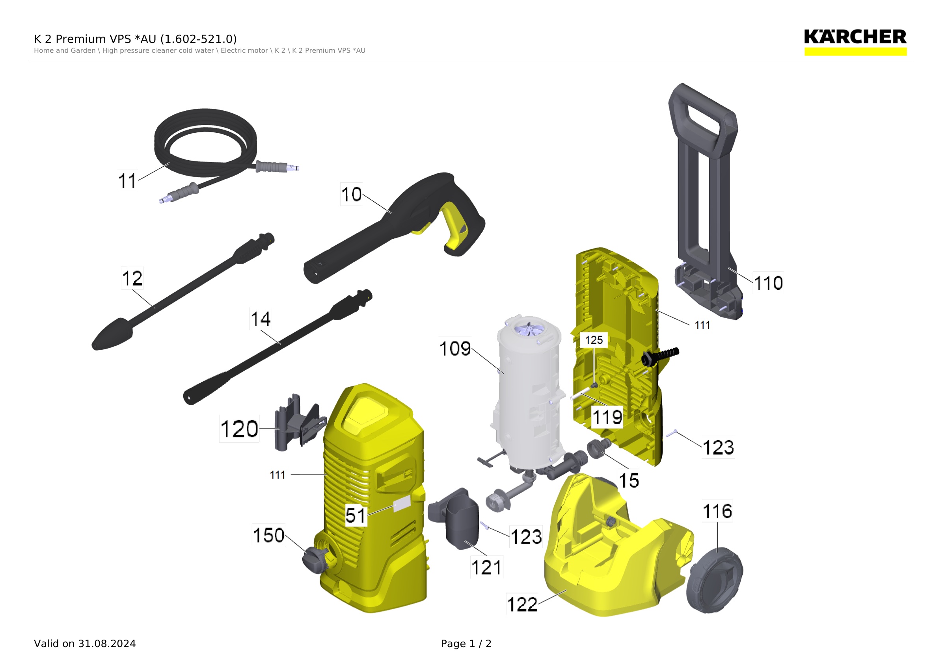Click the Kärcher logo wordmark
point(855,37)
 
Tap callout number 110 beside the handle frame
point(768,283)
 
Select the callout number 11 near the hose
point(127,181)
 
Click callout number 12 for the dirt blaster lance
point(132,278)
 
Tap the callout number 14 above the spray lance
point(261,319)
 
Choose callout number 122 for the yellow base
point(522,605)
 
